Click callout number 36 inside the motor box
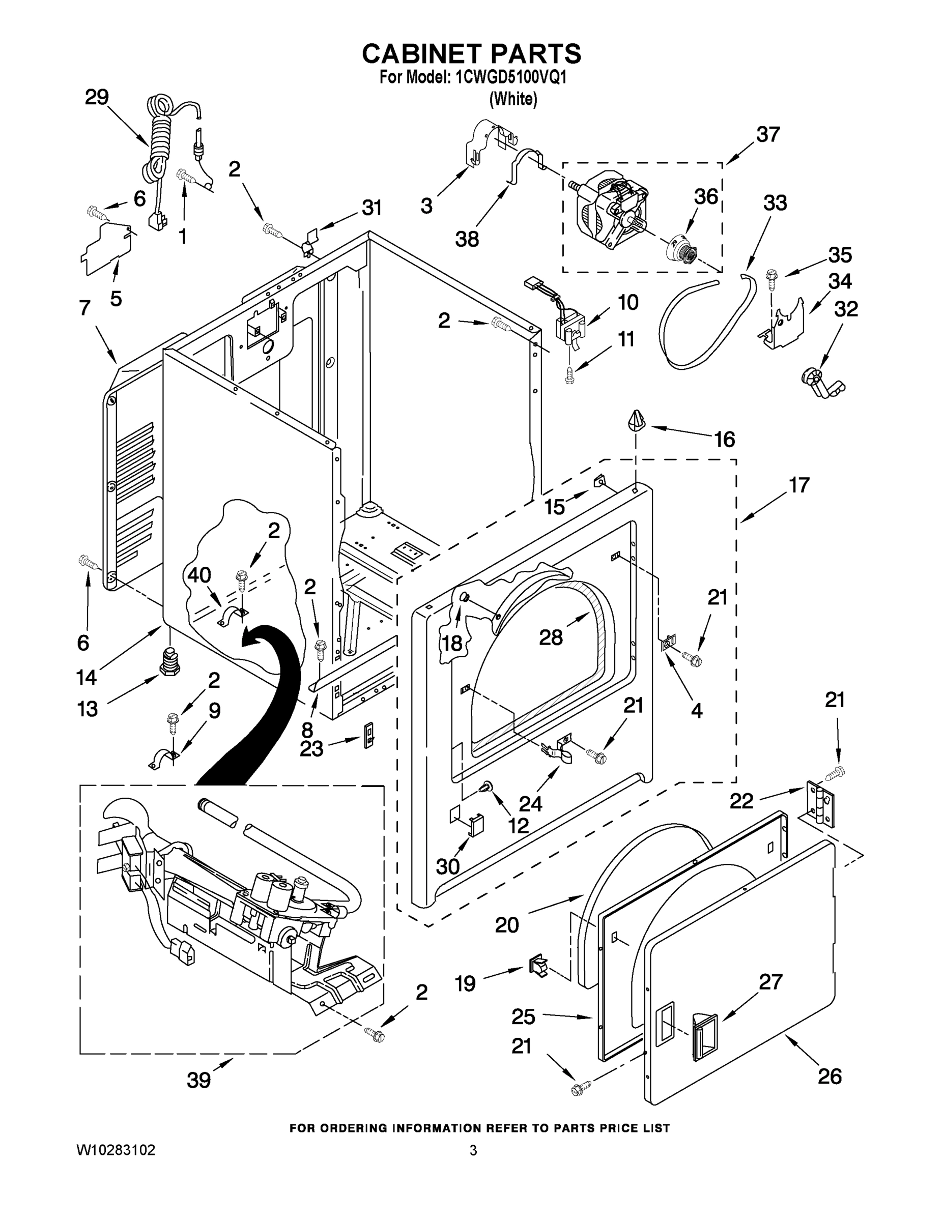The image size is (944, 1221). tap(705, 196)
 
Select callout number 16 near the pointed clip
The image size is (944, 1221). tap(724, 440)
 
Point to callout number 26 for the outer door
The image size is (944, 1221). tap(829, 1076)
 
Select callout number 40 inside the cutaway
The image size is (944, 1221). tap(199, 575)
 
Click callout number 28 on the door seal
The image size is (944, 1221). tap(550, 636)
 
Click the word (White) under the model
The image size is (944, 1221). tap(513, 99)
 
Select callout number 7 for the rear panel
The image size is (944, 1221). tap(84, 307)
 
